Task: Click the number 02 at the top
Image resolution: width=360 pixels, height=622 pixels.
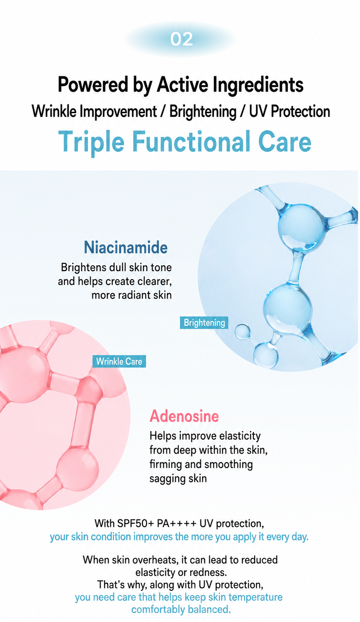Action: click(x=182, y=39)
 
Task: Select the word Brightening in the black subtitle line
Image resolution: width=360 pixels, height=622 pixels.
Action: click(x=203, y=112)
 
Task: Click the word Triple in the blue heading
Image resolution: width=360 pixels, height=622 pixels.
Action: click(x=91, y=142)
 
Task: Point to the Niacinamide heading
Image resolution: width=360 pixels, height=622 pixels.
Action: click(x=126, y=247)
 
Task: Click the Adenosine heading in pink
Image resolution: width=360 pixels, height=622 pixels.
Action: click(x=184, y=416)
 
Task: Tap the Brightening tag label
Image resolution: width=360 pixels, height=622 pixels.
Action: click(x=204, y=323)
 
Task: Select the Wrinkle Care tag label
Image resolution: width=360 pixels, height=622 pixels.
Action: click(x=119, y=361)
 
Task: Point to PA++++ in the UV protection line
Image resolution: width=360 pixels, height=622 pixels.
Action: click(x=177, y=523)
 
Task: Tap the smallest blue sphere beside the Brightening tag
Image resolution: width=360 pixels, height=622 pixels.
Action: click(x=242, y=331)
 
